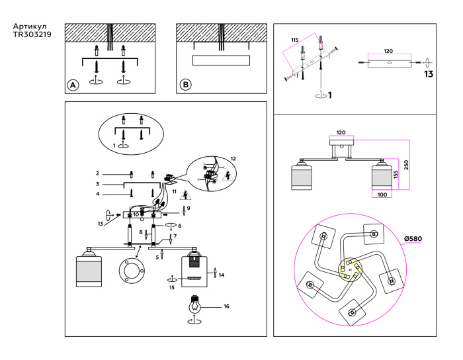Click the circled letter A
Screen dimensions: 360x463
point(73,85)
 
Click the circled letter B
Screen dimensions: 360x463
point(186,85)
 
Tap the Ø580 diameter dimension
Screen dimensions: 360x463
point(415,239)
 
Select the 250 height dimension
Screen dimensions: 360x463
point(416,165)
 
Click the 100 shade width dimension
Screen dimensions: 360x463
point(382,195)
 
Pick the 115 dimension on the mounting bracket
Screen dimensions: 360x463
point(295,40)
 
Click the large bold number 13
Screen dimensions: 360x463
point(428,75)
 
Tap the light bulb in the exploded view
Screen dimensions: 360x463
point(195,306)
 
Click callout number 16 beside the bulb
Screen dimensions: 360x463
point(226,306)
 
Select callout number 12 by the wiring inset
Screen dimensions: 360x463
point(232,159)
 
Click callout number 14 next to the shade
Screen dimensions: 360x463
point(222,275)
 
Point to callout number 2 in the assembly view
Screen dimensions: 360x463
point(97,173)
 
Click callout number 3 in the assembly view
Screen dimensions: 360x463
point(97,183)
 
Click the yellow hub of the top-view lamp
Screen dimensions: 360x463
point(349,271)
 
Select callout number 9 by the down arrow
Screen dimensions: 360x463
point(188,208)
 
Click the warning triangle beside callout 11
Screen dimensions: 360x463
point(186,194)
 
